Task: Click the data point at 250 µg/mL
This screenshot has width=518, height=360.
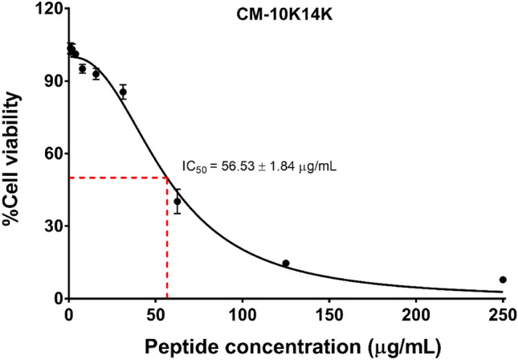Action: click(503, 280)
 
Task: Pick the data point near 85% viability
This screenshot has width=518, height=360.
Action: click(123, 92)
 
